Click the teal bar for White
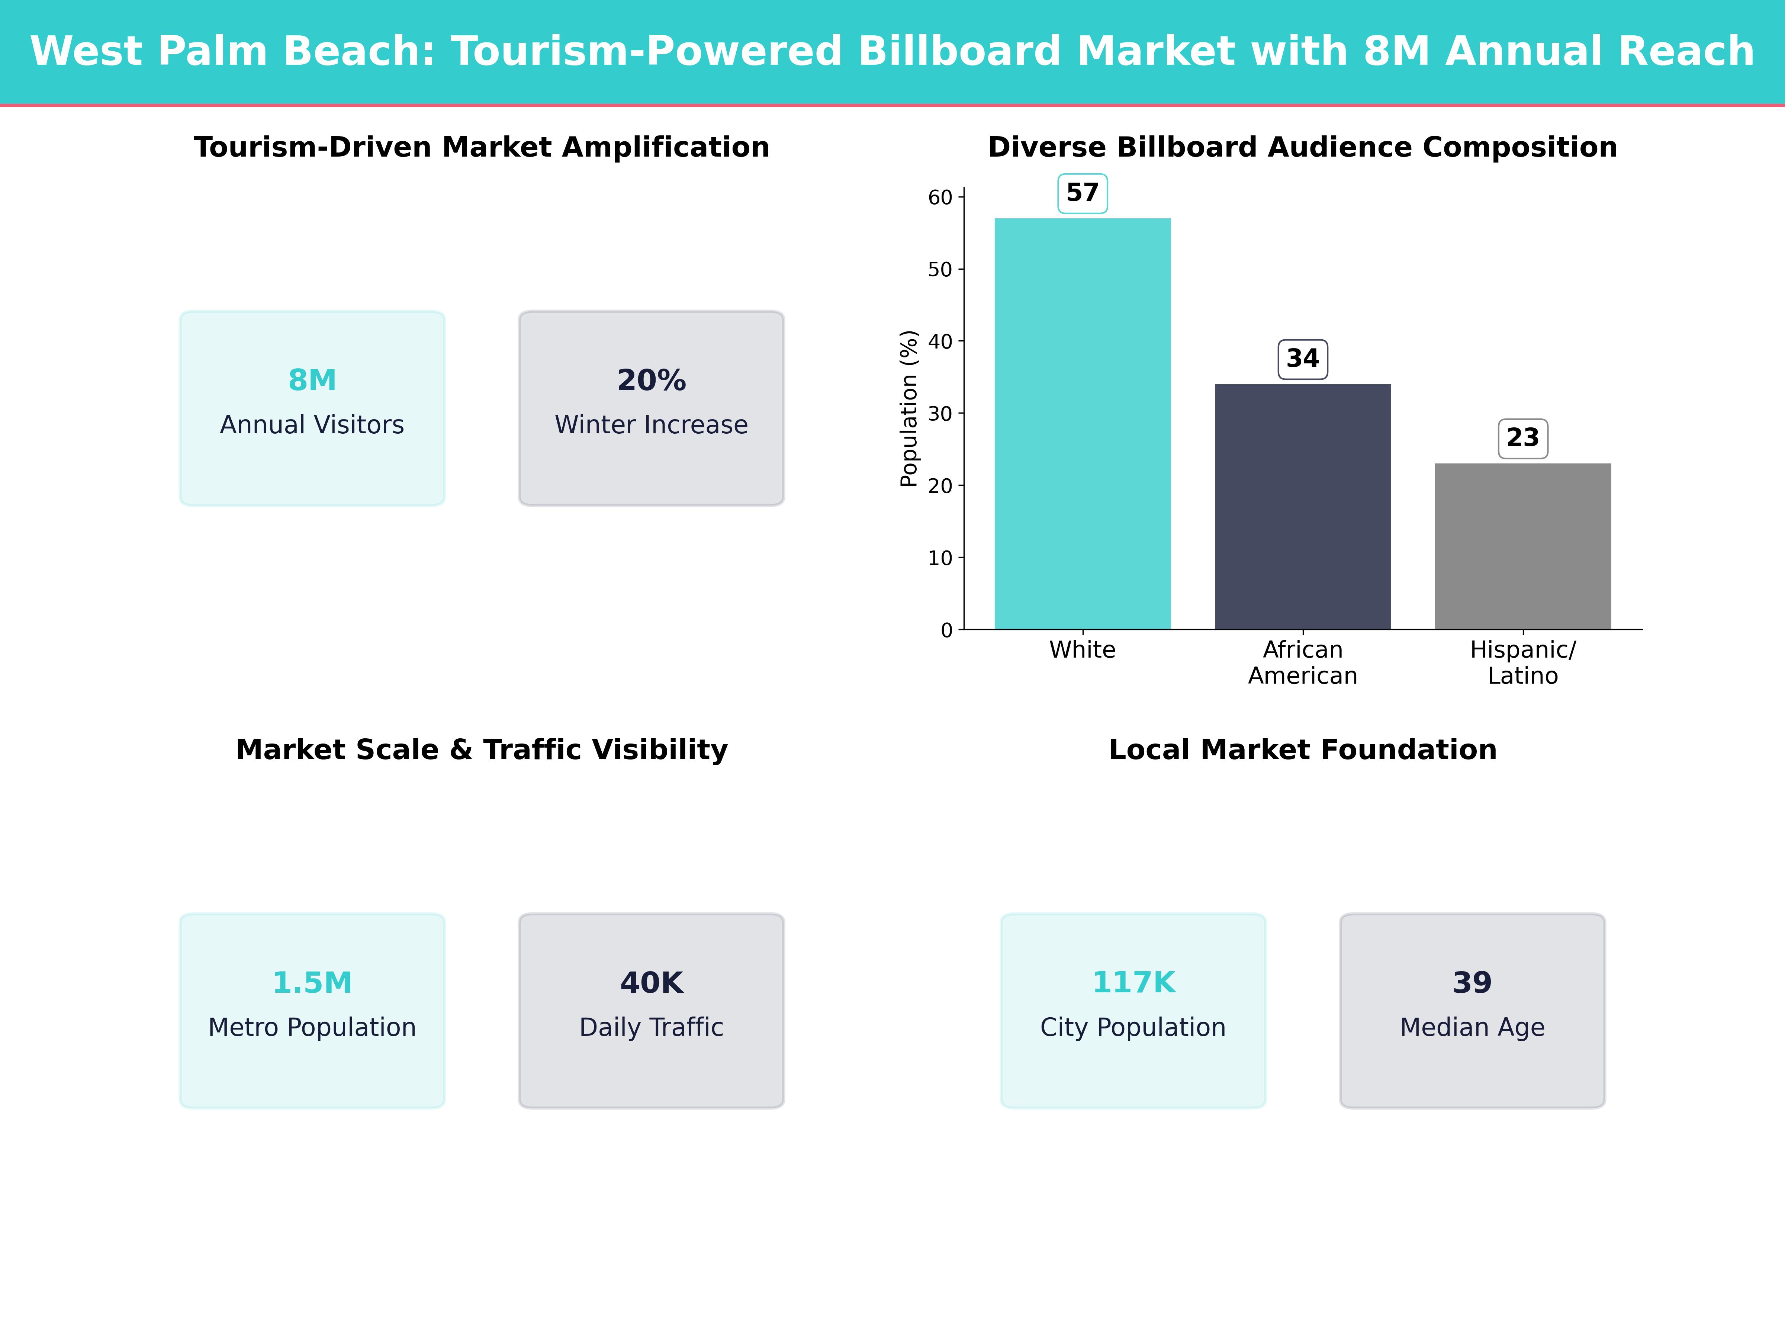pyautogui.click(x=1082, y=424)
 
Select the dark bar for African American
pyautogui.click(x=1302, y=507)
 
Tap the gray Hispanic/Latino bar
pyautogui.click(x=1523, y=546)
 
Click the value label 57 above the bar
pyautogui.click(x=1082, y=193)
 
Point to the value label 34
pyautogui.click(x=1302, y=358)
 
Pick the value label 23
pyautogui.click(x=1523, y=437)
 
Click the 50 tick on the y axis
pyautogui.click(x=940, y=270)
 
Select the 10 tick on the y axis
pyautogui.click(x=940, y=558)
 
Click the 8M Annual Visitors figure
pyautogui.click(x=312, y=380)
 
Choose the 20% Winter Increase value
pyautogui.click(x=651, y=380)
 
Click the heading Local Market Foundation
pyautogui.click(x=1302, y=750)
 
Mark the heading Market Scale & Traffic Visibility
pyautogui.click(x=482, y=750)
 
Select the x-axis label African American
pyautogui.click(x=1302, y=663)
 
